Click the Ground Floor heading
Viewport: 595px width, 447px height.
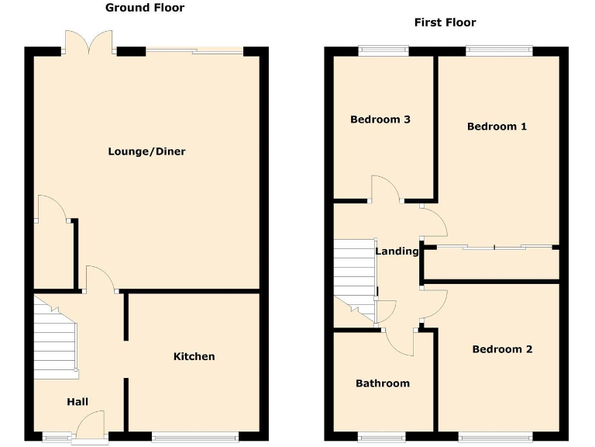144,8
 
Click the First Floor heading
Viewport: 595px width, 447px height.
445,23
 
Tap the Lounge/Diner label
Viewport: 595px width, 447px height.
146,151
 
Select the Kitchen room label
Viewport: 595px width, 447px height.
194,356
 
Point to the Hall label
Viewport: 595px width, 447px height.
77,401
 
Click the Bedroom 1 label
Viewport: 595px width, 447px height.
497,126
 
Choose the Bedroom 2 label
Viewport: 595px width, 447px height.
502,349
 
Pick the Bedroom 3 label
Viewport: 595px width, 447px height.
380,120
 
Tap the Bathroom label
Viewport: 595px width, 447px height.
383,383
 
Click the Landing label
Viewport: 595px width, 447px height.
397,251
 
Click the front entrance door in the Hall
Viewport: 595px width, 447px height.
88,428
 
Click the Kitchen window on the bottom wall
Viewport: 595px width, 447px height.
194,437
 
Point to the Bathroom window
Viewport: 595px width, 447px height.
382,437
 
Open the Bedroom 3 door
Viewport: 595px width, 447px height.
385,189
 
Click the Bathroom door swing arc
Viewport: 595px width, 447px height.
400,343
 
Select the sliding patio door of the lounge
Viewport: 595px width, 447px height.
194,51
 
